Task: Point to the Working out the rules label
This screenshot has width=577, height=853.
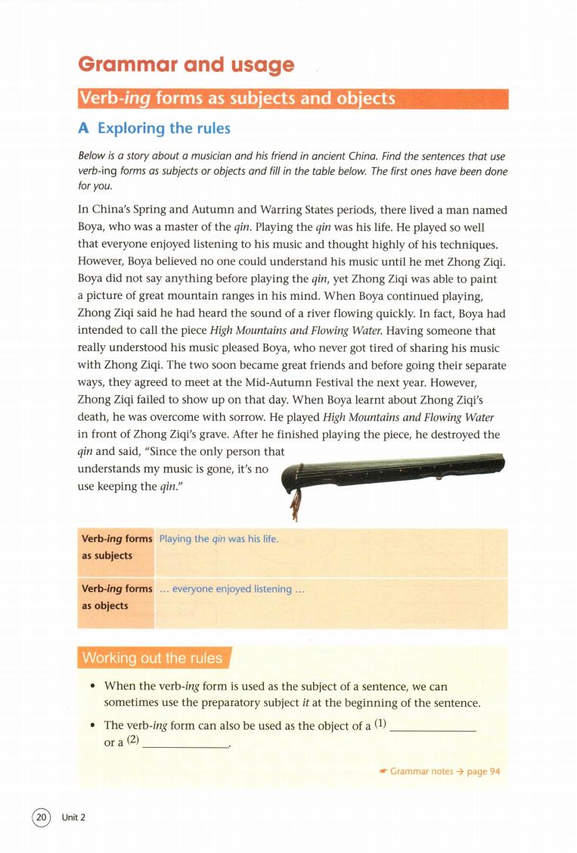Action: pyautogui.click(x=151, y=658)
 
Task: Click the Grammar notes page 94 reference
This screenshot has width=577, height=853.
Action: pyautogui.click(x=439, y=771)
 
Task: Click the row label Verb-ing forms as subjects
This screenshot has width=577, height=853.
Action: pyautogui.click(x=116, y=546)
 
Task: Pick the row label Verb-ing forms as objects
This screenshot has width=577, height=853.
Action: pyautogui.click(x=116, y=597)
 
